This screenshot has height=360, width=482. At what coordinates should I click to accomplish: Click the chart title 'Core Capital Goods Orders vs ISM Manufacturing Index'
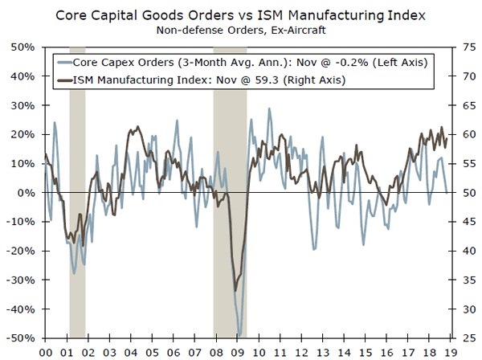240,15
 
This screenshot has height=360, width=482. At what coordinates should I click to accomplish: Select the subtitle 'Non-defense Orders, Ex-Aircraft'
240,31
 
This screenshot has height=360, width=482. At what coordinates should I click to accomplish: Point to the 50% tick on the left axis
22,47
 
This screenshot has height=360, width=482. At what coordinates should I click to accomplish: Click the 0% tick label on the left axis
24,193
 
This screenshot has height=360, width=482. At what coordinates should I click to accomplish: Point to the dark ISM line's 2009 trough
235,290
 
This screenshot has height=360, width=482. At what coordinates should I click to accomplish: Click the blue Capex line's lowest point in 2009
239,333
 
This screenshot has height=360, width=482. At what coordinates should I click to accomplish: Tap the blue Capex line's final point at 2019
447,193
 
